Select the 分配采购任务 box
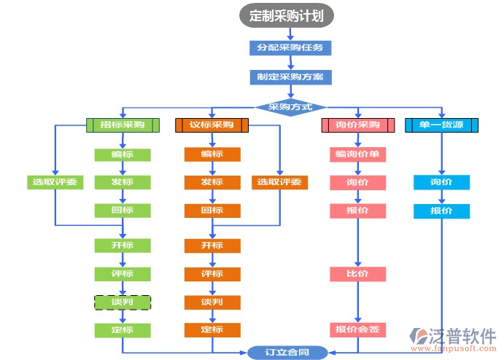pos(290,47)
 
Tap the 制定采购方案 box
pos(290,77)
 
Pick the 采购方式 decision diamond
pos(290,106)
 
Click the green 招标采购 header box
pos(123,125)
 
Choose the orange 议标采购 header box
pos(212,125)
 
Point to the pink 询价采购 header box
pos(357,125)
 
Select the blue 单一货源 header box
pos(441,125)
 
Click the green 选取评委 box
pos(55,182)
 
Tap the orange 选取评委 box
pos(279,182)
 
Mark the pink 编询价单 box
pos(357,154)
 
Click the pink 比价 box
pos(357,274)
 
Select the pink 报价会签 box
pos(357,330)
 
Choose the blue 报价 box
pos(441,211)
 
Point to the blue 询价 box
pos(441,182)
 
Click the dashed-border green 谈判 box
pos(123,302)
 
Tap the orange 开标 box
pos(212,246)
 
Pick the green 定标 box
pos(123,330)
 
